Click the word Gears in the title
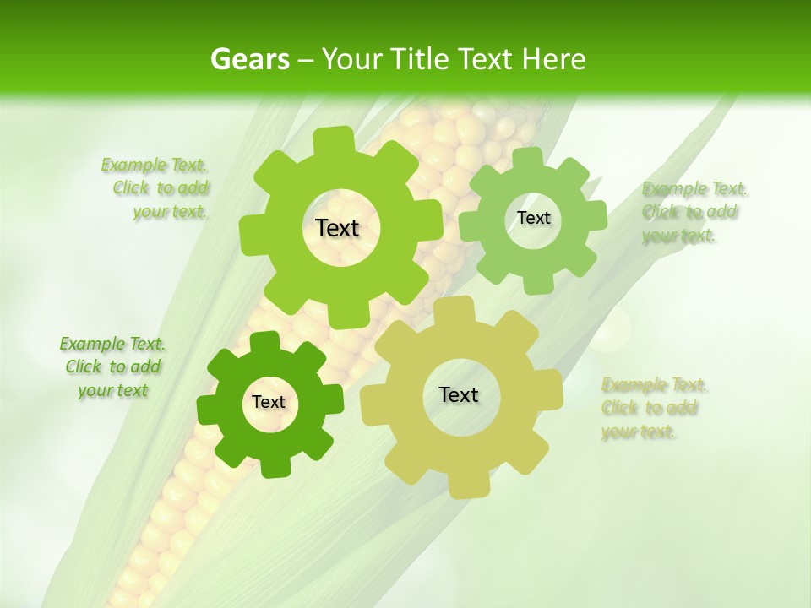[249, 59]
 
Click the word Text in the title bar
[487, 59]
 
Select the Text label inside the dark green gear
[269, 403]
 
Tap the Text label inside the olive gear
[459, 394]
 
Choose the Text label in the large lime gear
[337, 228]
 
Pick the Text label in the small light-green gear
[533, 218]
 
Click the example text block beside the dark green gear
[112, 366]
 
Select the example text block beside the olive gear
[654, 409]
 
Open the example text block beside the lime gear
[155, 188]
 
